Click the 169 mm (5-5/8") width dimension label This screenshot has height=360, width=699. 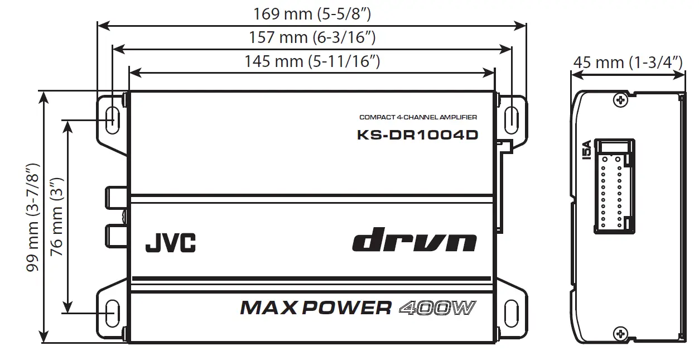pos(312,13)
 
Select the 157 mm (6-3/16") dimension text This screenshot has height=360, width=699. pos(312,37)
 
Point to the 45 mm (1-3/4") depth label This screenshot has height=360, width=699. pos(628,62)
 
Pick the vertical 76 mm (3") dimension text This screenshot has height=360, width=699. pos(56,217)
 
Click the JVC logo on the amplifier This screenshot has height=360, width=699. pos(170,243)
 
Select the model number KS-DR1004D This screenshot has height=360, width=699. pos(417,135)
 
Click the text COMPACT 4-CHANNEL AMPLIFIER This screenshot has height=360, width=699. pos(418,117)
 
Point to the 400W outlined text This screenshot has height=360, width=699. pos(438,308)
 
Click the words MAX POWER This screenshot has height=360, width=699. pos(316,308)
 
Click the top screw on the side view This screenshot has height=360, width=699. pos(619,100)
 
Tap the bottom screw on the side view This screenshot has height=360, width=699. pos(619,333)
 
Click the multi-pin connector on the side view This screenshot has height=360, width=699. pos(614,184)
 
